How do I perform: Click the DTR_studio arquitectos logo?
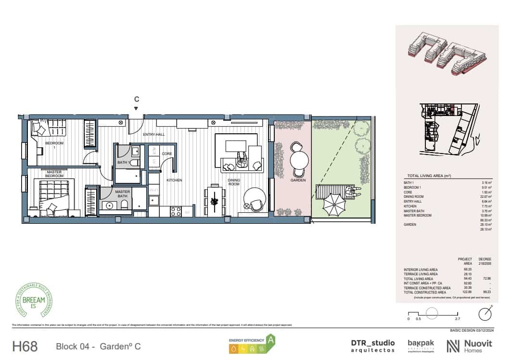coord(373,346)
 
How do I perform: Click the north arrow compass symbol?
coord(485,314)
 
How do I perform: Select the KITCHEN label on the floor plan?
coord(174,180)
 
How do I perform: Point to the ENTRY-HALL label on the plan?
coord(154,134)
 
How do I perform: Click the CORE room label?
coord(167,154)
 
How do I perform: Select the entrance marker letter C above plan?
coord(137,100)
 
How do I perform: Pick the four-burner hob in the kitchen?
coord(176,210)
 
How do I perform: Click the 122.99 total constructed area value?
coord(461,293)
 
